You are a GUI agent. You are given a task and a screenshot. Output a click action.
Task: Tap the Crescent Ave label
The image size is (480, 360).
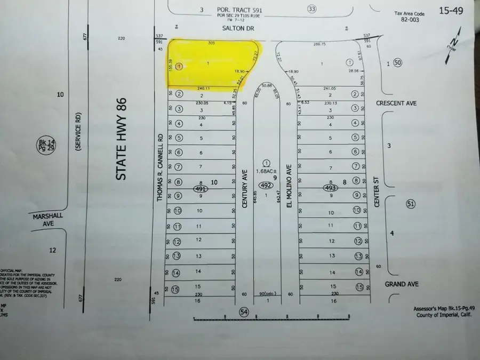(410, 103)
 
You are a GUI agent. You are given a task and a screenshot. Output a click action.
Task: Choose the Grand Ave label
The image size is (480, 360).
(403, 284)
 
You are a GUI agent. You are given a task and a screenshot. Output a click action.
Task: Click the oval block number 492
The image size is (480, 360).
(267, 186)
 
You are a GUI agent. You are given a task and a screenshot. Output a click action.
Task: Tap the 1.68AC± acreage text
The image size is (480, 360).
(267, 171)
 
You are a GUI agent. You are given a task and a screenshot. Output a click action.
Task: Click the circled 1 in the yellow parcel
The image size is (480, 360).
(179, 67)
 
